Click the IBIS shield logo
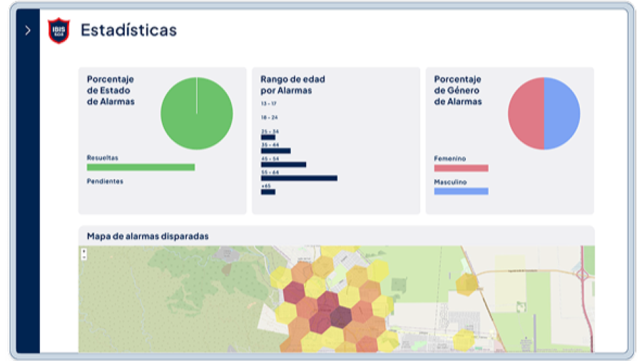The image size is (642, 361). coord(58,31)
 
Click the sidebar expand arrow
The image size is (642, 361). coord(27,31)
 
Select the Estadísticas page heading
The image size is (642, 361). coord(128,30)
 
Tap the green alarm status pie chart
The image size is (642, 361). coord(196,113)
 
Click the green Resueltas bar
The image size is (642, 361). coord(141,167)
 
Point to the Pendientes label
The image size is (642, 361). coord(105,181)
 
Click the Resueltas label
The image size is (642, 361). coord(103,158)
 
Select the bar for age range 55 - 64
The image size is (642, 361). coord(299,178)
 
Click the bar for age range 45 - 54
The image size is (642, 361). coord(283,164)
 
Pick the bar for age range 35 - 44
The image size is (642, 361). coord(275,151)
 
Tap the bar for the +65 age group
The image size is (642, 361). coord(267,191)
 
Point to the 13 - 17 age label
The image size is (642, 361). coord(269,104)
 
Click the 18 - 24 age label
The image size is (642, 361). coord(269,117)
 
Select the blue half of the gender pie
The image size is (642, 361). coord(562,113)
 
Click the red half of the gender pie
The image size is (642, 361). coord(526,113)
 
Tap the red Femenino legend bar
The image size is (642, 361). coord(461,168)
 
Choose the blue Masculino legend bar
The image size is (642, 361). coord(461,191)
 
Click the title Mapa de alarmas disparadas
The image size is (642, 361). coord(148,236)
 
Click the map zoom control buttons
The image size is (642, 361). coord(84,254)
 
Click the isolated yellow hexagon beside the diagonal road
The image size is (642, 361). coord(467,283)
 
